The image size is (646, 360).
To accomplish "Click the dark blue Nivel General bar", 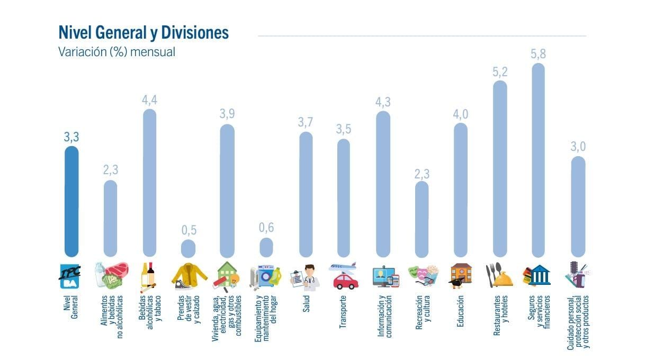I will point(71,201).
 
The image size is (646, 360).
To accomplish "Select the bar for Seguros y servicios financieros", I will point(538,159).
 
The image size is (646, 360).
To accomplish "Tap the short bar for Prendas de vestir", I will point(188,248).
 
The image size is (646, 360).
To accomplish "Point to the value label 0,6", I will point(266,228).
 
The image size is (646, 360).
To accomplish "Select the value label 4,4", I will point(149,100).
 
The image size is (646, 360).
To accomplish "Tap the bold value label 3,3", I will point(71,137).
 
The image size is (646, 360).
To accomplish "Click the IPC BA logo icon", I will point(71,275).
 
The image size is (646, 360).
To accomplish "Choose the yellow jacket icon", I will point(189,275).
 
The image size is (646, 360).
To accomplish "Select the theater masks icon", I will point(423,275).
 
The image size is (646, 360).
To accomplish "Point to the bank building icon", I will point(537,275).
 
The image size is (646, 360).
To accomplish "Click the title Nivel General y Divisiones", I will point(143,33).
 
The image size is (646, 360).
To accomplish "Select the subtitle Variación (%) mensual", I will point(116,52).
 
